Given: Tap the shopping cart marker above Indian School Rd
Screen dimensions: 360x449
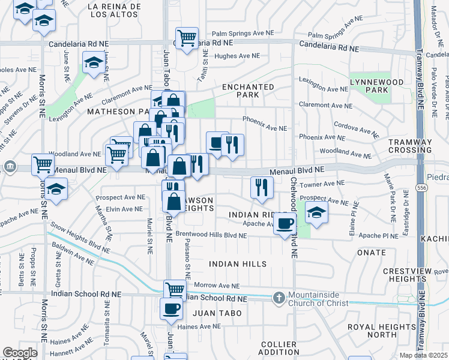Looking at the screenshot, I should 175,290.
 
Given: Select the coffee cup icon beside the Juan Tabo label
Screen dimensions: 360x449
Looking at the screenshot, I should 171,309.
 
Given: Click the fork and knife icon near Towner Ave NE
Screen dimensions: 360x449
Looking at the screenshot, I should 261,187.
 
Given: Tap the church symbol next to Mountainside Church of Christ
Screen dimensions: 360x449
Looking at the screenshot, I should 279,297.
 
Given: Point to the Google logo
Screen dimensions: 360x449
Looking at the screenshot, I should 20,353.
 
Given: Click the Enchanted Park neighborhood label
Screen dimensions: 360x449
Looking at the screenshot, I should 248,91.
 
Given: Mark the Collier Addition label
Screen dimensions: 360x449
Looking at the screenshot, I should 279,348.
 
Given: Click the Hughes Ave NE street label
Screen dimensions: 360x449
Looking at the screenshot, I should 237,56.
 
